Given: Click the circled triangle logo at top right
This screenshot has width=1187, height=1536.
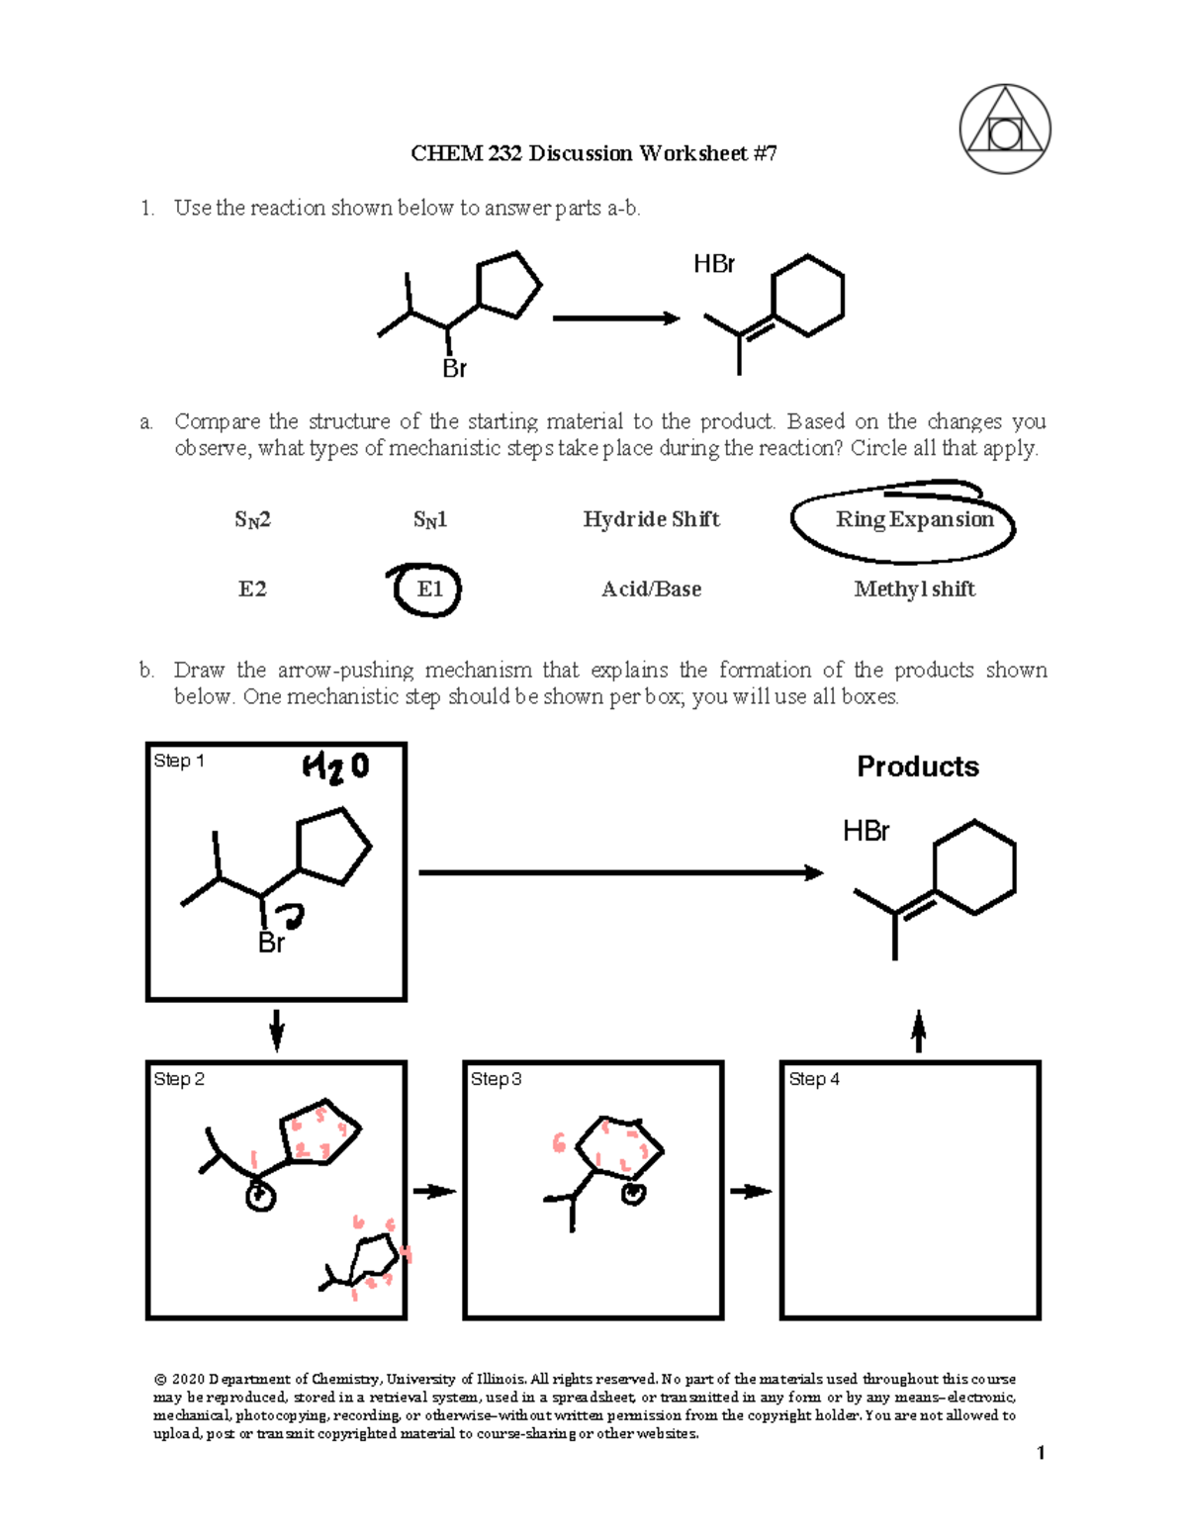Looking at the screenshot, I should click(x=1004, y=130).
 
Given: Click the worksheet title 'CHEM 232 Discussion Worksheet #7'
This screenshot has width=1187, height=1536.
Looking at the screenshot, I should click(x=593, y=153).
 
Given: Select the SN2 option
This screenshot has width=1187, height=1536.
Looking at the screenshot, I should click(x=252, y=519).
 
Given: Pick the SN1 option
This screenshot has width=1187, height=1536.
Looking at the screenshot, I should click(x=430, y=519).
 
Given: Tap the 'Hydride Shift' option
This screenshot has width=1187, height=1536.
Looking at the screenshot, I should click(x=651, y=519).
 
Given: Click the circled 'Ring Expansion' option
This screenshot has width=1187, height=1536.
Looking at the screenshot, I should click(x=913, y=520).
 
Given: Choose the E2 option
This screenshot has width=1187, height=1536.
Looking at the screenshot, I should click(x=252, y=589).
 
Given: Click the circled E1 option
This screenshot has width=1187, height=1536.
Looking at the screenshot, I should click(x=428, y=590).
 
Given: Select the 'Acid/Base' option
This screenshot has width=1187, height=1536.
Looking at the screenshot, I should click(x=651, y=589).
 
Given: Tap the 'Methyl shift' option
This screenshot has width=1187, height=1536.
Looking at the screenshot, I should click(x=914, y=589).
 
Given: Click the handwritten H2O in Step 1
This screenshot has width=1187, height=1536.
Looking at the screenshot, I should click(x=335, y=768).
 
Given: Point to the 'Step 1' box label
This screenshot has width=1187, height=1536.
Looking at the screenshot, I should click(x=179, y=761).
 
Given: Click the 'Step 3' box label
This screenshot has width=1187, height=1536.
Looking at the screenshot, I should click(x=496, y=1079).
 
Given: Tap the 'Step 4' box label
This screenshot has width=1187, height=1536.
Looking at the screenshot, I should click(x=814, y=1079).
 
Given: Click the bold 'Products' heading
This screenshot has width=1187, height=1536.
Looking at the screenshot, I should click(x=917, y=767).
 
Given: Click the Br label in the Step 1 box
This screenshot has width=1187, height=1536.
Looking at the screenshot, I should click(x=271, y=944).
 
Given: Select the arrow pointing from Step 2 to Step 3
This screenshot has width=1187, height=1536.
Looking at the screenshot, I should click(x=434, y=1191).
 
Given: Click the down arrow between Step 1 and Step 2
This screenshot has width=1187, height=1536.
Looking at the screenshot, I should click(x=277, y=1030).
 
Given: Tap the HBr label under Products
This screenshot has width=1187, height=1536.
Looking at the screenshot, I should click(x=866, y=831).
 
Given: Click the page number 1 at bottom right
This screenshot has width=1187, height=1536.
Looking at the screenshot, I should click(x=1041, y=1452).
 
